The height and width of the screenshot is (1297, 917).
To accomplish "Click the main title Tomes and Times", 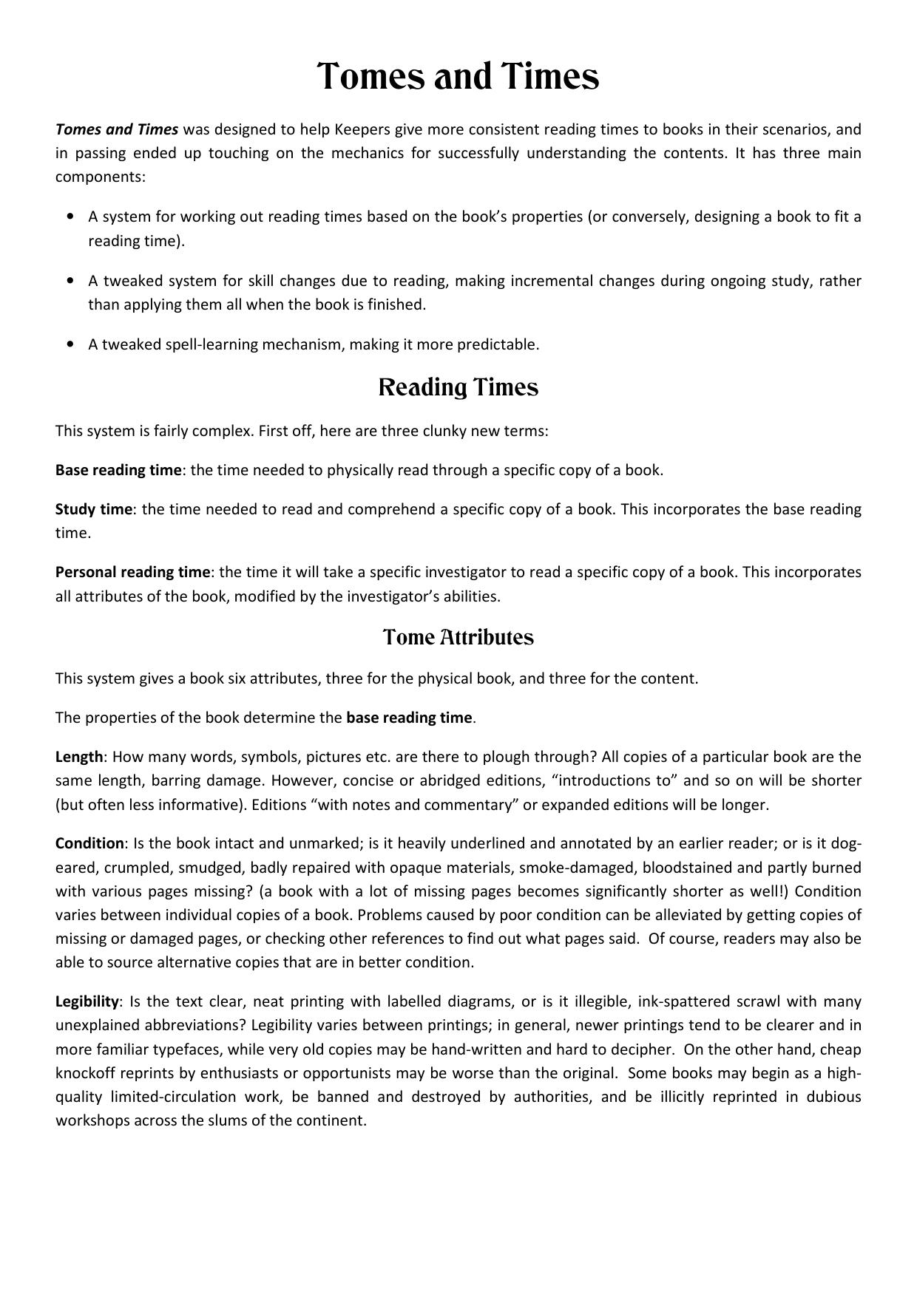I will [458, 77].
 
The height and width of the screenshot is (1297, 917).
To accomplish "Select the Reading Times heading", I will [458, 387].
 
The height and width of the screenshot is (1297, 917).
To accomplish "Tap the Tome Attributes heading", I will [458, 637].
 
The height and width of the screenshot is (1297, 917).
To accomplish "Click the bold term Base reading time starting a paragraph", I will [118, 470].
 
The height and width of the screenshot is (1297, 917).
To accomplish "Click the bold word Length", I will [79, 757].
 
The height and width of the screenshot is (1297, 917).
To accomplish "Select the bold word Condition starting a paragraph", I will [89, 843].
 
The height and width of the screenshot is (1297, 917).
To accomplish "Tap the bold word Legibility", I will [87, 1001].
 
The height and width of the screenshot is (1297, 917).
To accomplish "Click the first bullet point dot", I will [70, 217].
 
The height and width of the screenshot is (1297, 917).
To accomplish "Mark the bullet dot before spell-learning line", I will [70, 344].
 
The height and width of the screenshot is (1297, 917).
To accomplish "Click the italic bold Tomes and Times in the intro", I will [117, 129].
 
